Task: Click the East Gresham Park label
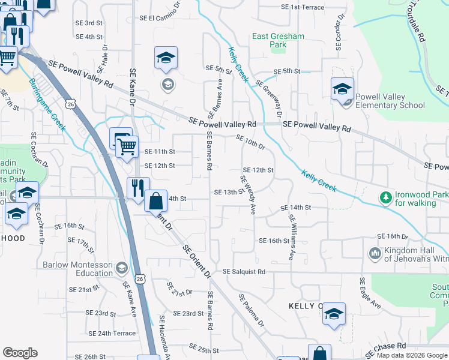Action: [x=278, y=40]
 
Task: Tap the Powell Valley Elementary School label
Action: [x=390, y=101]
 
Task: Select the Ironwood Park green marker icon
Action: [x=384, y=197]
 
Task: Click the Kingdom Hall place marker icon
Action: [x=375, y=254]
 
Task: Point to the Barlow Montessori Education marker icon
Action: [x=122, y=268]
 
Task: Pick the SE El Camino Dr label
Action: [x=161, y=18]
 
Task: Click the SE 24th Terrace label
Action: [x=112, y=333]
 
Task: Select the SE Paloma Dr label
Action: [x=252, y=311]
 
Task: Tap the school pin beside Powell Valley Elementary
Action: [x=342, y=89]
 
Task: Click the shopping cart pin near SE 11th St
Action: [x=126, y=145]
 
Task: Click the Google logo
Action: [x=20, y=353]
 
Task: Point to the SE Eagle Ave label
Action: [x=370, y=293]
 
